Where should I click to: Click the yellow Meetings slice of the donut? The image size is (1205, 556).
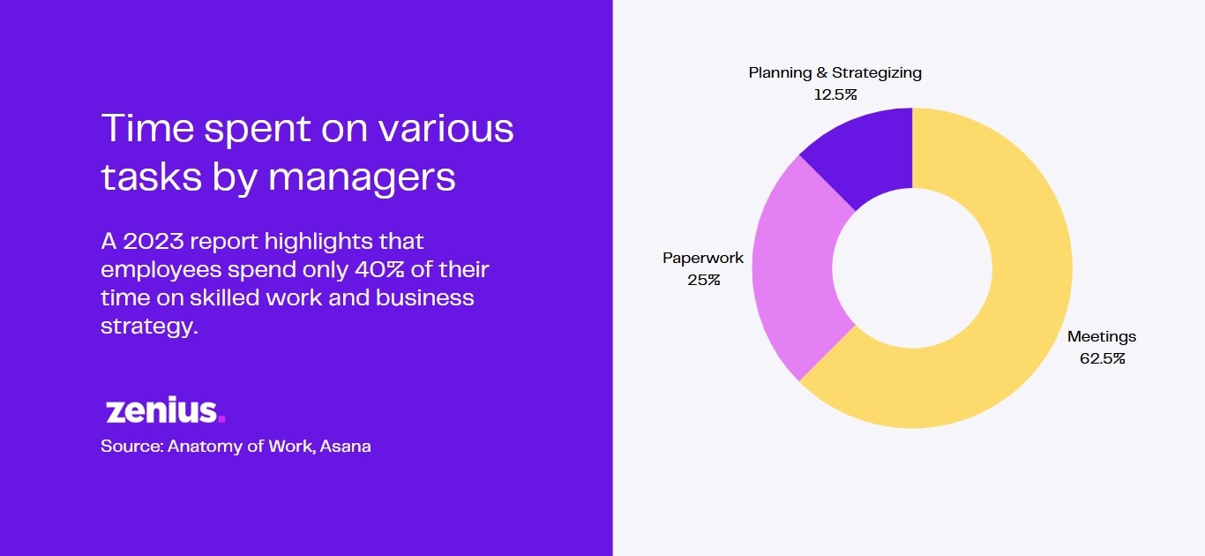tap(1022, 302)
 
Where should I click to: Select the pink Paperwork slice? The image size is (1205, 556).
tap(793, 269)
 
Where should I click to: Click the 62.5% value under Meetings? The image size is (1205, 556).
tap(1103, 358)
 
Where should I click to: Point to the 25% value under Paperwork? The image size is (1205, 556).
tap(704, 280)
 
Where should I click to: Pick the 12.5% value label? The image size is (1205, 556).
tap(835, 94)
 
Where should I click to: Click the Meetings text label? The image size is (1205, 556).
tap(1102, 337)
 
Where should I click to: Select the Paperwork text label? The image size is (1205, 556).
tap(703, 258)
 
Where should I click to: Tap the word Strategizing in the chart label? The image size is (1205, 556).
tap(877, 73)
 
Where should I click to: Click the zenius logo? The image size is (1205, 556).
tap(165, 410)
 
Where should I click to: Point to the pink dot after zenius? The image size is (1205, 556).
tap(221, 418)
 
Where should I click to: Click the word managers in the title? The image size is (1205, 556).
tap(362, 177)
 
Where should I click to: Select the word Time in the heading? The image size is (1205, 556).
tap(147, 128)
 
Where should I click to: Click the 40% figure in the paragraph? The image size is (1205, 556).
tap(379, 270)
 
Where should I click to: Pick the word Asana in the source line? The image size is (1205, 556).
tap(346, 447)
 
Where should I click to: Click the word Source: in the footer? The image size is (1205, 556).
tap(131, 447)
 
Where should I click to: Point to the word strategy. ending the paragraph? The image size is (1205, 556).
tap(150, 327)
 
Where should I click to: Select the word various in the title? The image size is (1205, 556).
tap(445, 128)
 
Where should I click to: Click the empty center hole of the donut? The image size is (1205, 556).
tap(912, 268)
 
